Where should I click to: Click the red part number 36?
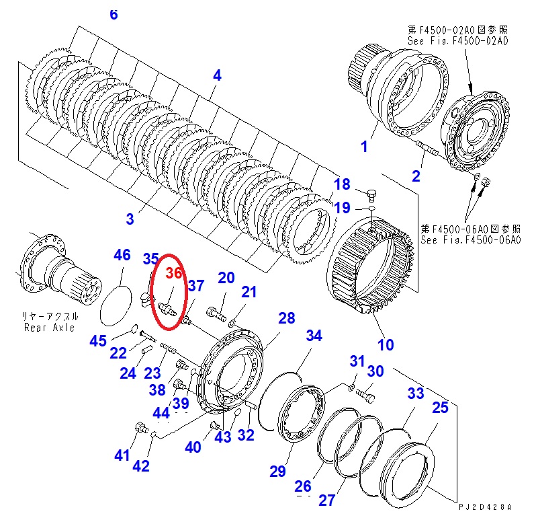(x=174, y=273)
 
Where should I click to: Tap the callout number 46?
(x=122, y=255)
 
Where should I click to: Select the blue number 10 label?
(x=386, y=344)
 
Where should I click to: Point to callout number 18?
(x=342, y=184)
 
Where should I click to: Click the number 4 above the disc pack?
(x=217, y=75)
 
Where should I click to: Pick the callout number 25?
(x=440, y=408)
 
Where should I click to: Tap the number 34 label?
(x=314, y=336)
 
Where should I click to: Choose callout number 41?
(x=122, y=455)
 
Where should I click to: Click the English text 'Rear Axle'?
(x=49, y=328)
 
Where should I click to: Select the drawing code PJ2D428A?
(x=485, y=507)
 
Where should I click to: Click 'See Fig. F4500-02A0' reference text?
(x=457, y=41)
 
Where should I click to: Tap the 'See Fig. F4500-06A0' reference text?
(x=470, y=240)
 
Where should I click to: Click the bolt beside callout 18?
(x=372, y=196)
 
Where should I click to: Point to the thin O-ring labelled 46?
(x=116, y=305)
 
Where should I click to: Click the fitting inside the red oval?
(x=167, y=308)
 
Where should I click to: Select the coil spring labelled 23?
(x=168, y=348)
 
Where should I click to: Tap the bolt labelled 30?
(x=366, y=395)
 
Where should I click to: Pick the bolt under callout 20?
(x=216, y=313)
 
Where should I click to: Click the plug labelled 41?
(x=141, y=428)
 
